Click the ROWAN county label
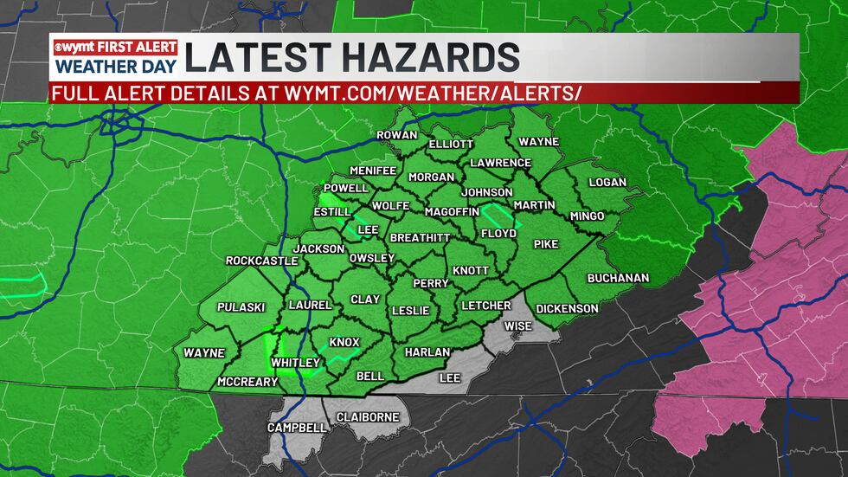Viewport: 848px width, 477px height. click(x=397, y=135)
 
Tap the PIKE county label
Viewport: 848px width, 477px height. click(x=545, y=244)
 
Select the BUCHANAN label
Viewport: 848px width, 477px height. click(x=618, y=278)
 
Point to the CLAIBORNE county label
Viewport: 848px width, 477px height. click(x=367, y=416)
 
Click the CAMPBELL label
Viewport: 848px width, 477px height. click(x=297, y=428)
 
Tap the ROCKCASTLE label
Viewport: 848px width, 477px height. click(x=261, y=261)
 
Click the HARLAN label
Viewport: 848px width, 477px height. click(x=427, y=352)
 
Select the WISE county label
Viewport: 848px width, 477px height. click(x=518, y=326)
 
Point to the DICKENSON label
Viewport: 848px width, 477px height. click(x=567, y=308)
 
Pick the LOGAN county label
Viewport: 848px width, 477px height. click(x=607, y=183)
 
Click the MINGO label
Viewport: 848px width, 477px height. click(x=586, y=216)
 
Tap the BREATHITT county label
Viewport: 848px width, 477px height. click(x=420, y=237)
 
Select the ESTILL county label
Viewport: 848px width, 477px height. click(x=331, y=211)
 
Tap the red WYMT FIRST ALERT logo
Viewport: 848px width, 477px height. click(x=114, y=47)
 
